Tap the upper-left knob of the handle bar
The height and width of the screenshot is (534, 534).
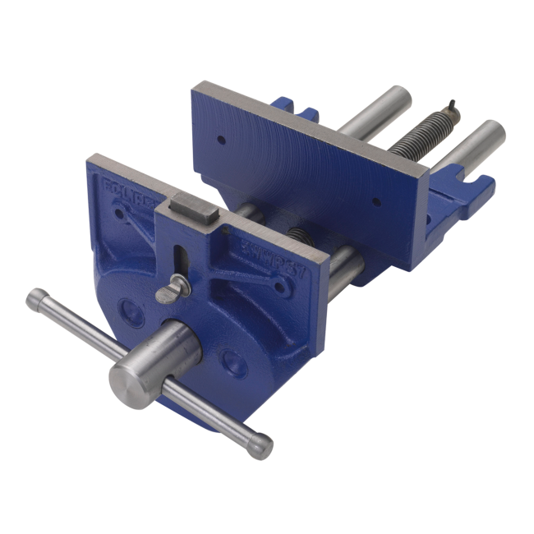coord(36,299)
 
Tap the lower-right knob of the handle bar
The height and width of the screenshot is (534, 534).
coord(260,446)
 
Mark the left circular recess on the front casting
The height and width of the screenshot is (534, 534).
coord(131,310)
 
